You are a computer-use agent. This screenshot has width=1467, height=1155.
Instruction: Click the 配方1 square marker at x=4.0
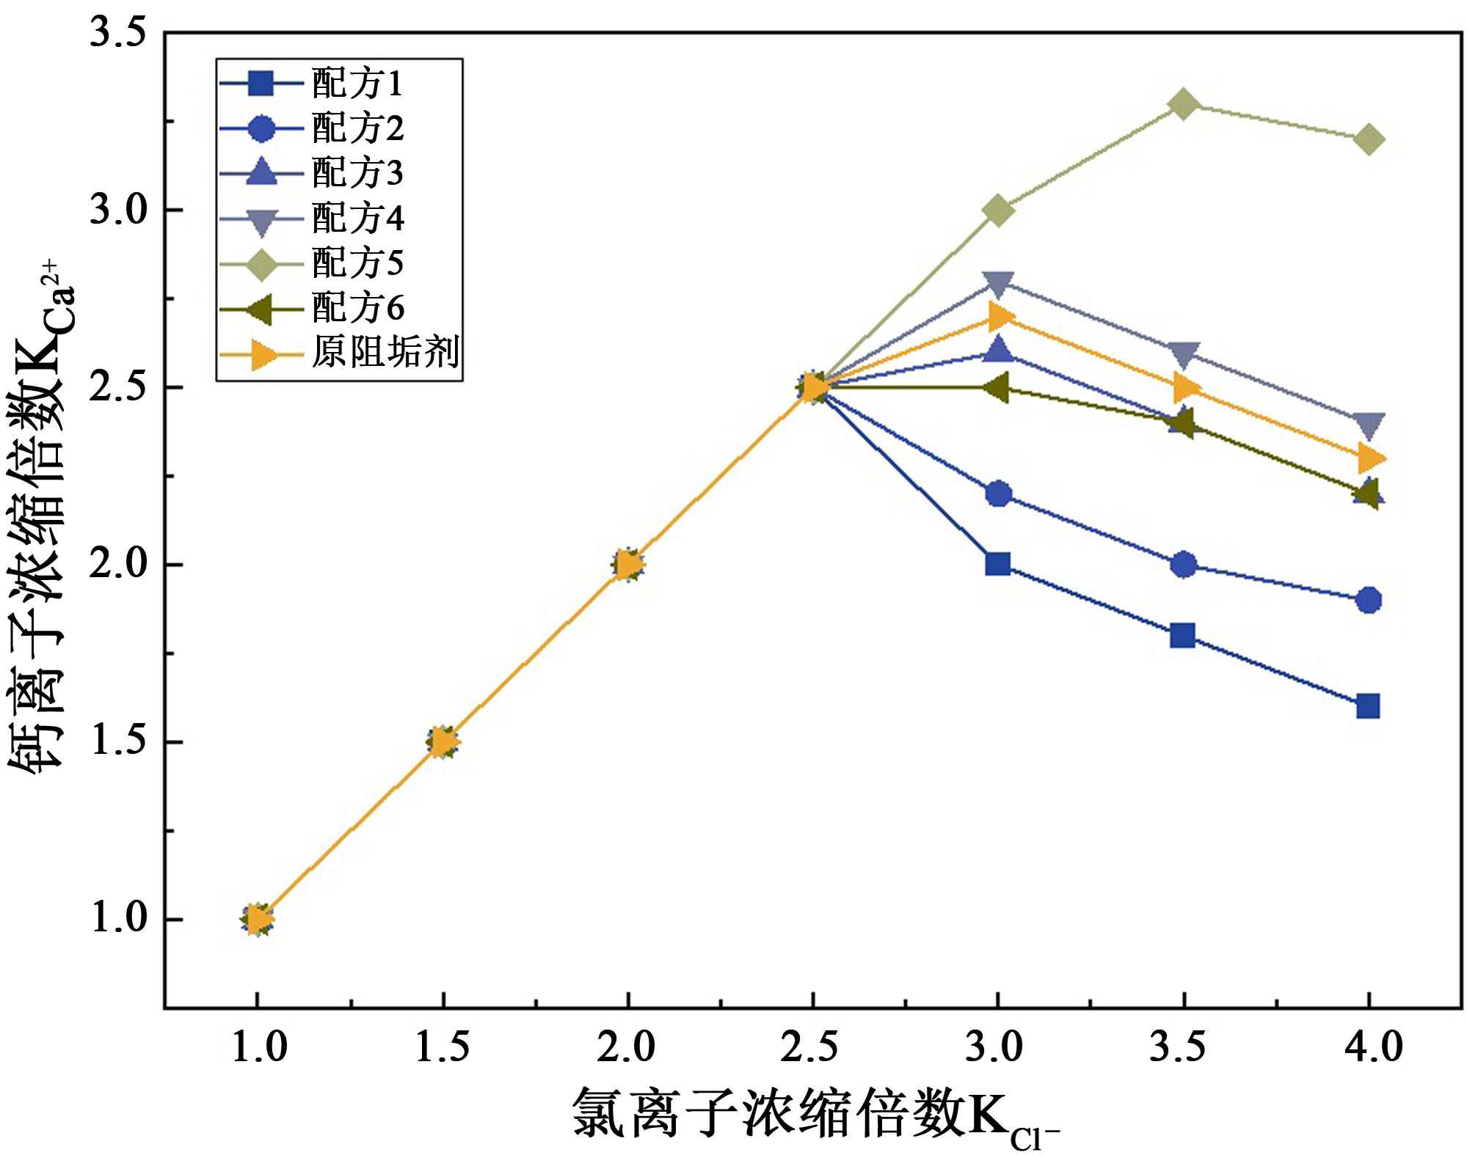pos(1368,706)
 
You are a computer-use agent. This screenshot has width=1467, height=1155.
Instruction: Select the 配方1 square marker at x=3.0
pos(997,564)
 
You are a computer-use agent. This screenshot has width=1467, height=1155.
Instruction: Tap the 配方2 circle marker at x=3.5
pos(1183,565)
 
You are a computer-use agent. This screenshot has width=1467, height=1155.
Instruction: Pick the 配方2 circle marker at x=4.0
pos(1368,600)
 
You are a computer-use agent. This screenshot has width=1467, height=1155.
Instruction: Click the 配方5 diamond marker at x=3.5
pos(1183,104)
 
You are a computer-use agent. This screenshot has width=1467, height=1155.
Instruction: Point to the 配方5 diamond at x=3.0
pos(997,210)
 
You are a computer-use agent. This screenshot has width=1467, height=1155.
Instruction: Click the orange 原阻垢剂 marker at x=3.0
pos(1000,317)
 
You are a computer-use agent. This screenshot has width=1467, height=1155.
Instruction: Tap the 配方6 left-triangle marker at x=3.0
pos(996,387)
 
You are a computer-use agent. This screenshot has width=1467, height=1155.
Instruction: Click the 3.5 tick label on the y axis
pos(117,33)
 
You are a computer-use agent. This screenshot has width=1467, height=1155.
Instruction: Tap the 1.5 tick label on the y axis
pos(117,742)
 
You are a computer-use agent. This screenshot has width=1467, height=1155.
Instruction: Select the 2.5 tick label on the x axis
pos(810,1046)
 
